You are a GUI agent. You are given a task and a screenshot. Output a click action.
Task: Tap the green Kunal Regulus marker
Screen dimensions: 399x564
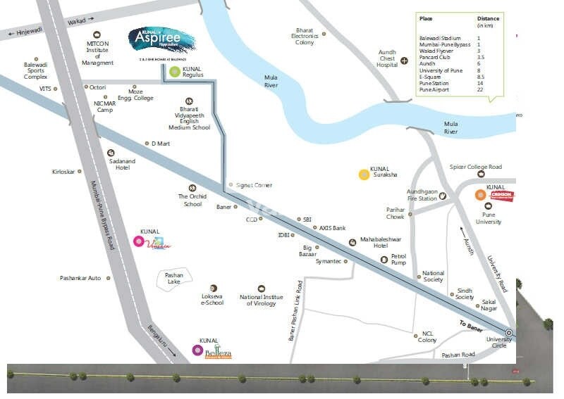tap(173, 71)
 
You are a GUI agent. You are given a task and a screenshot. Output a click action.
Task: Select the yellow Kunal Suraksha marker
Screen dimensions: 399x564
tap(364, 175)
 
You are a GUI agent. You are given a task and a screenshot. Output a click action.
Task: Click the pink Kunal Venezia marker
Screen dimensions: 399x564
tap(139, 241)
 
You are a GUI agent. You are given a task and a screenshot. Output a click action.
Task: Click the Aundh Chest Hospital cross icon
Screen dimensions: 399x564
tap(404, 61)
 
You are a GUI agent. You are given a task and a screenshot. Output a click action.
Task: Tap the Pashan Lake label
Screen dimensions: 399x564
tap(173, 278)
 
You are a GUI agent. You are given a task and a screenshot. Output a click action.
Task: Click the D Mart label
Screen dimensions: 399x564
tap(161, 144)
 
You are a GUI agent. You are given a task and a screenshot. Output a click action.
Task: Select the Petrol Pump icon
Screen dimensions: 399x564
tap(384, 260)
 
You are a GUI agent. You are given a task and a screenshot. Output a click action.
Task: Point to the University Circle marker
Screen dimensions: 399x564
tap(509, 333)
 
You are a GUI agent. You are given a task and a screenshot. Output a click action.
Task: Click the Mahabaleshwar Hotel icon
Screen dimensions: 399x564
tap(351, 241)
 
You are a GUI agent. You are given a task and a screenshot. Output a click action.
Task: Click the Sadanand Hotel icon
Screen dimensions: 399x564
tap(111, 153)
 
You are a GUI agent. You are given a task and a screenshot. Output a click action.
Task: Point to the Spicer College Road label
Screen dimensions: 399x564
tap(475, 167)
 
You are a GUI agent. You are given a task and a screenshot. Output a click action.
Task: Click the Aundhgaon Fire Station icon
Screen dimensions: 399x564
tap(443, 196)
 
